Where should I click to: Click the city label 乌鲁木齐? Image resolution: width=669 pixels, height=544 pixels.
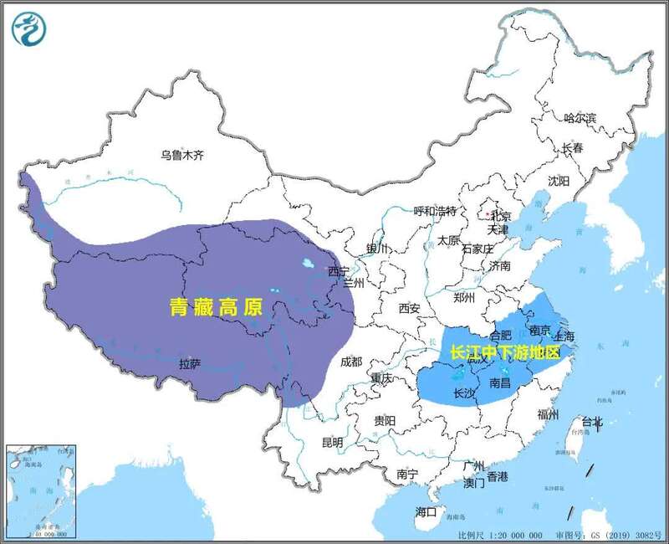click(182, 155)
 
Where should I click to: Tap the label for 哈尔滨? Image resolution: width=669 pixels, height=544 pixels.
click(580, 119)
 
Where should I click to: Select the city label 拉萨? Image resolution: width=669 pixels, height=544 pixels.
click(191, 364)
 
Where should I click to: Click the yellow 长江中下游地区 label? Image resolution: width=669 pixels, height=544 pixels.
click(503, 352)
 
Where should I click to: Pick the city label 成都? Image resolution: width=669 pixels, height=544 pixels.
click(351, 362)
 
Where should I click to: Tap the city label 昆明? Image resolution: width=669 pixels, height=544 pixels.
click(332, 442)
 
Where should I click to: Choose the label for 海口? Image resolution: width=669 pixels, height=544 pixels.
click(426, 512)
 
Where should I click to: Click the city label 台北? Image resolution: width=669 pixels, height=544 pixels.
click(592, 422)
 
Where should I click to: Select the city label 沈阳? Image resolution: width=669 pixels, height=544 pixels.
click(558, 181)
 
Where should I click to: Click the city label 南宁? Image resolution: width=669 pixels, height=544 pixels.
click(407, 475)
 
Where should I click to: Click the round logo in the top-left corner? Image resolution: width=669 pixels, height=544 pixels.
click(30, 29)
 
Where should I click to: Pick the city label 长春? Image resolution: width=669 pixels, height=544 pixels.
click(572, 148)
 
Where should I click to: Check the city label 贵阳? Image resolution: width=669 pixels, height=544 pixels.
click(385, 420)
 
